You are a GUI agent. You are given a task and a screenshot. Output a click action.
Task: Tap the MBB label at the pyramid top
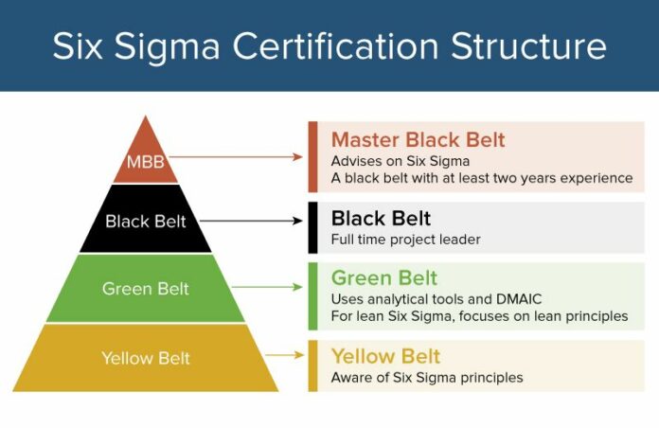pos(145,162)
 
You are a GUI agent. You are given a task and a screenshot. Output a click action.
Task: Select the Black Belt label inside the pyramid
pos(146,222)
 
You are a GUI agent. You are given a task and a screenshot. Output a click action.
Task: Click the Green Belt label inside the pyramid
pos(146,288)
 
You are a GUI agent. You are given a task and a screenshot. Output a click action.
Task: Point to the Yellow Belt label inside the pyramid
pos(146,358)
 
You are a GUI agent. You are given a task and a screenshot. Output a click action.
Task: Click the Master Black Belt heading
pos(418,140)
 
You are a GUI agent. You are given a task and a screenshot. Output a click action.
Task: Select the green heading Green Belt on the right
pos(384,277)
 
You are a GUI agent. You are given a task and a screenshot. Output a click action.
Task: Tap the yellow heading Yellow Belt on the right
pos(385,356)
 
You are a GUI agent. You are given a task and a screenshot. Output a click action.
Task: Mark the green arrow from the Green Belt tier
pos(266,286)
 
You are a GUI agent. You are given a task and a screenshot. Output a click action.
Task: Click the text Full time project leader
pos(405,240)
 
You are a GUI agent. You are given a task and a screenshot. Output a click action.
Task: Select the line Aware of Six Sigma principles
pos(426,377)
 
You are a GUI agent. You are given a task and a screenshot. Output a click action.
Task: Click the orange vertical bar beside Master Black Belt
pos(312,157)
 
